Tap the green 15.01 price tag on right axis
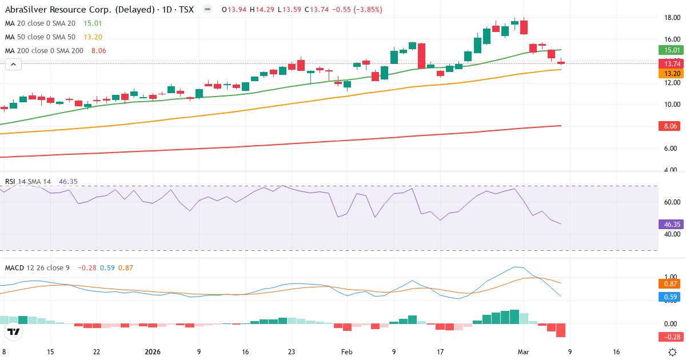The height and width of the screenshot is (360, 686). click(670, 50)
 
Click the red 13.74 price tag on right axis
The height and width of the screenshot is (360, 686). click(670, 63)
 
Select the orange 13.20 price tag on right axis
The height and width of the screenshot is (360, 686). click(670, 74)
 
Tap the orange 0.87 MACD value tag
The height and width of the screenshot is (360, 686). click(670, 284)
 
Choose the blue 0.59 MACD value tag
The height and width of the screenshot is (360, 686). click(670, 297)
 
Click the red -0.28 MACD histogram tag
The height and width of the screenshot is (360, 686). click(670, 337)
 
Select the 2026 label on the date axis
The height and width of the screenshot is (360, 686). click(153, 352)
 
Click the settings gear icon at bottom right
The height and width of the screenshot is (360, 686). click(673, 352)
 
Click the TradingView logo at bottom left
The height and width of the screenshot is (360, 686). click(14, 331)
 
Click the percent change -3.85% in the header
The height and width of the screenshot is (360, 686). click(367, 10)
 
